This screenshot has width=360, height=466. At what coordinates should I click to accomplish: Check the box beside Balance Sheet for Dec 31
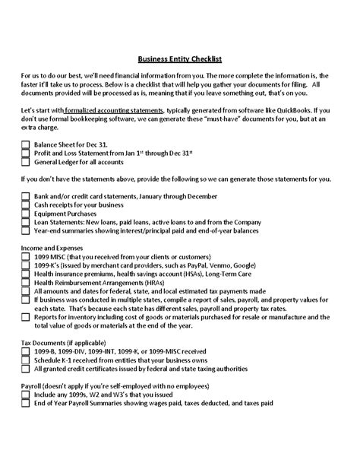[26, 144]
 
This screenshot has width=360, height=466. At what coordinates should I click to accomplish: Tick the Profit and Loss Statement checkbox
[26, 152]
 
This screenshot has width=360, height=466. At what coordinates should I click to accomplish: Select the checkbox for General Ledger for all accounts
[26, 161]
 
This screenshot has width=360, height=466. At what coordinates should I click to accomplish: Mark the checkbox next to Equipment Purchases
[26, 213]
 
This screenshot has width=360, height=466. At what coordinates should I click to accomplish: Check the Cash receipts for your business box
[26, 204]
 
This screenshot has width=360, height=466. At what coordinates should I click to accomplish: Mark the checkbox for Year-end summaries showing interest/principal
[26, 230]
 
